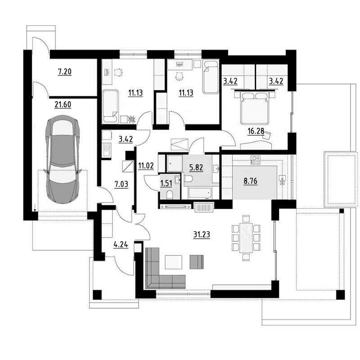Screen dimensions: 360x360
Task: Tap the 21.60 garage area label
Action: click(x=63, y=105)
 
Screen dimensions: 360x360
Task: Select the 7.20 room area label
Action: click(x=64, y=72)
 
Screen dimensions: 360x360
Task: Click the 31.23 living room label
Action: click(x=202, y=235)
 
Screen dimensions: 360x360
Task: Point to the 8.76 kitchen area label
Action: click(x=251, y=181)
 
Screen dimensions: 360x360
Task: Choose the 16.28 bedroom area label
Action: click(x=256, y=131)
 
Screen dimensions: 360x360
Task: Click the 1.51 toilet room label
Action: click(x=166, y=184)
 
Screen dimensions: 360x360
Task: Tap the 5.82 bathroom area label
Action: click(x=196, y=167)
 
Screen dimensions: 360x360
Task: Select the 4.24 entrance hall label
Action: click(x=121, y=245)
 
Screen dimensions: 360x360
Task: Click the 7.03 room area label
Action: click(x=121, y=184)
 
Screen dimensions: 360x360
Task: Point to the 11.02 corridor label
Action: click(x=146, y=166)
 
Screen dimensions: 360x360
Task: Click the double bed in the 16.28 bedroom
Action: click(x=254, y=108)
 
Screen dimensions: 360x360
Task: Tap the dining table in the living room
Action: click(x=246, y=238)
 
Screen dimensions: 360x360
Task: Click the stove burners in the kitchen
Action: click(x=256, y=160)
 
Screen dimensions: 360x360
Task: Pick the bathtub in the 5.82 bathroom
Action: click(x=200, y=193)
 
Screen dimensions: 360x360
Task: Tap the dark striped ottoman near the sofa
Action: click(x=197, y=262)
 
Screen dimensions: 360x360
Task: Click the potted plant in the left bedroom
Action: click(x=132, y=119)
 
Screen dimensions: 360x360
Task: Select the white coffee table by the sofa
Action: click(x=174, y=262)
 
